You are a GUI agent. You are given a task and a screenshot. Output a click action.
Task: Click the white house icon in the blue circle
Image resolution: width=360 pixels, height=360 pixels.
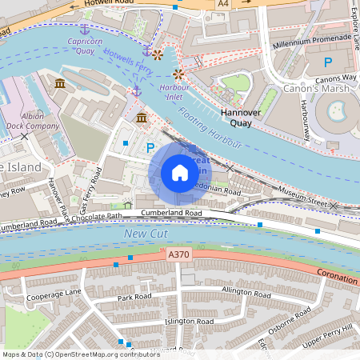180,173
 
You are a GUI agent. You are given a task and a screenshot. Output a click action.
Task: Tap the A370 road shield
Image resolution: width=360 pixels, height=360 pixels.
179,254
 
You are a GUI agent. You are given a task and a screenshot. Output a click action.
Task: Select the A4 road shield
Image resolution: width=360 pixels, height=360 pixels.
223,4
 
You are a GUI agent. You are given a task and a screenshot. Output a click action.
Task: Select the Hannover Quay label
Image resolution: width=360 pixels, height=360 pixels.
241,118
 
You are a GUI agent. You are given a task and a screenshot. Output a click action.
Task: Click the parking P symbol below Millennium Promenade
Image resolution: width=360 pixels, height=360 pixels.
327,62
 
